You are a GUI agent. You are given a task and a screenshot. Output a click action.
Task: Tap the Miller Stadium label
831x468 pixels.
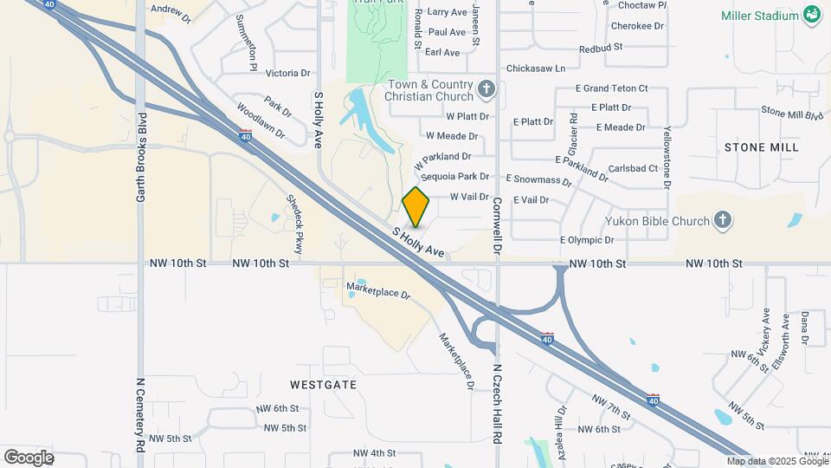(759, 16)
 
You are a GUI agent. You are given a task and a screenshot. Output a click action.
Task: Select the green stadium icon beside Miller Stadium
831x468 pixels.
(812, 14)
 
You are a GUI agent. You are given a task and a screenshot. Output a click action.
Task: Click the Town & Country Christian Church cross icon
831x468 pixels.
(487, 88)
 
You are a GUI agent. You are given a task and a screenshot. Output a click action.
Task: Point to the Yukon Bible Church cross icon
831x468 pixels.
(723, 221)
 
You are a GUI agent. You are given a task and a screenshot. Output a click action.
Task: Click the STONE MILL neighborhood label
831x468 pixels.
(761, 147)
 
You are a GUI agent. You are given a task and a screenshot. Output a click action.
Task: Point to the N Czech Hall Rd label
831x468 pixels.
(498, 403)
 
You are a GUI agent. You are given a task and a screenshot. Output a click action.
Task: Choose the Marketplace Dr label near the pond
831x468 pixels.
(377, 290)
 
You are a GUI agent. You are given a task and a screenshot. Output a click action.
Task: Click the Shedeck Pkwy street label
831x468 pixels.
(295, 229)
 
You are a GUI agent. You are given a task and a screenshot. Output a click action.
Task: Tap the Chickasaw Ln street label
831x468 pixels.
(535, 68)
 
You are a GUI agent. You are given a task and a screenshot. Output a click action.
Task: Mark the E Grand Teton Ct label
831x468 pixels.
(611, 88)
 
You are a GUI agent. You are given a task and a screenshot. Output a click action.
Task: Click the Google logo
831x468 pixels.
(29, 457)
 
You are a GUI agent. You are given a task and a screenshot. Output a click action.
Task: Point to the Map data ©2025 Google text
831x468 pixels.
(777, 461)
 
